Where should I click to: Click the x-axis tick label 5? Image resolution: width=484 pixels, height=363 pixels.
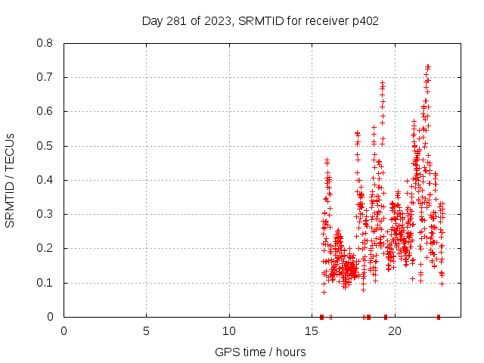point(147,330)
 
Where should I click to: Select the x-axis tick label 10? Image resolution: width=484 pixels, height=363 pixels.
point(229,330)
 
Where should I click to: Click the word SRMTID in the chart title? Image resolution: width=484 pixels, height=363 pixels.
point(259,20)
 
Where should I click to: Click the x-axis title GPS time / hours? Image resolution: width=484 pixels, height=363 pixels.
point(260,352)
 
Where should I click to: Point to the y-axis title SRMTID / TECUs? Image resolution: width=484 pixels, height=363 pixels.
point(10,180)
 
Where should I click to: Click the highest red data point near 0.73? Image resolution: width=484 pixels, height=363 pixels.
point(428,67)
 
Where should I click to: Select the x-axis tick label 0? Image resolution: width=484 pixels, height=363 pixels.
point(64,330)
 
